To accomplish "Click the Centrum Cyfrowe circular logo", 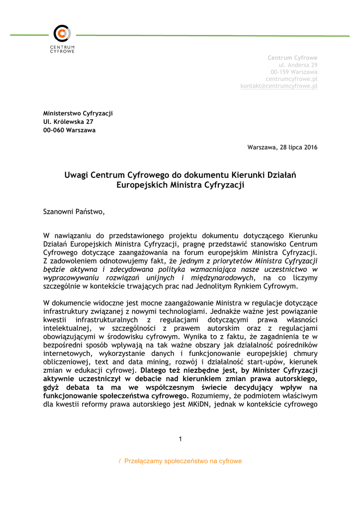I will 62,34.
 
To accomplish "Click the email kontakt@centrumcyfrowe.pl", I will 279,86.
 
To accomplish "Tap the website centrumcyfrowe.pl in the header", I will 291,79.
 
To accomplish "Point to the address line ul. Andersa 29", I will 298,65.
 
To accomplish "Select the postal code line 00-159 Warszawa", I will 294,72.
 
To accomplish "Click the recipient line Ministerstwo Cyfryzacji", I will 78,113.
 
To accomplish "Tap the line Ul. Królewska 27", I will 68,122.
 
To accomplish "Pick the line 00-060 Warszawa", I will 70,130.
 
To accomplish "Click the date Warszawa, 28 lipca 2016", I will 282,147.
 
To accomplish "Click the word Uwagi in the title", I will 76,175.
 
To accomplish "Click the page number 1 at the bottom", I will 180,438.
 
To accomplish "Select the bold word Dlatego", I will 156,370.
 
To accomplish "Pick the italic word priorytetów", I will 232,260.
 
